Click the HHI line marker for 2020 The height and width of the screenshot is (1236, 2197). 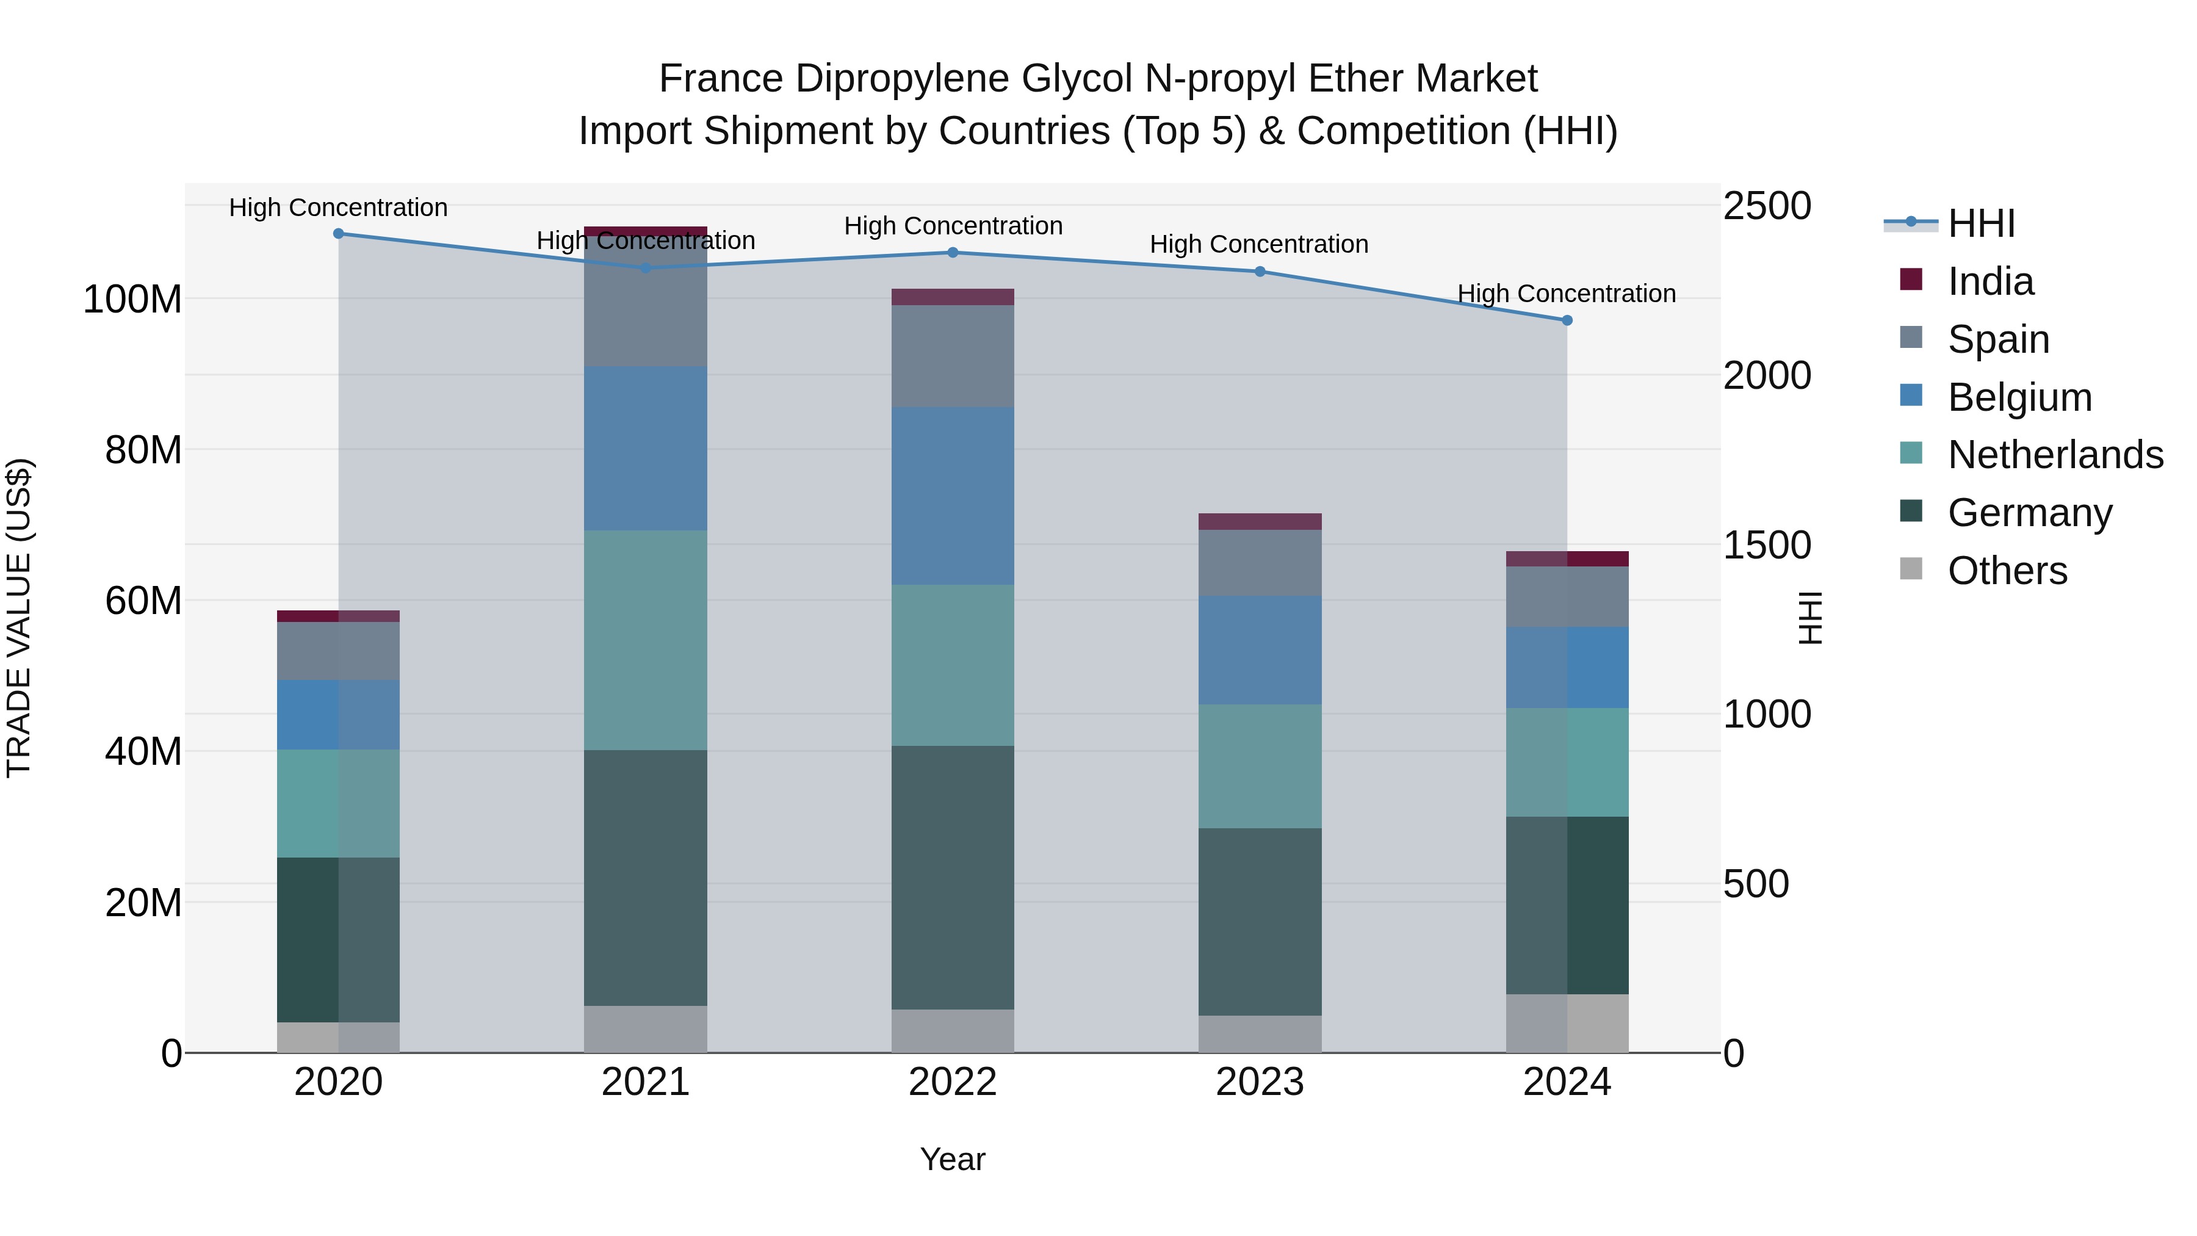click(339, 233)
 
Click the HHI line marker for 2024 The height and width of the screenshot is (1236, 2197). click(1567, 320)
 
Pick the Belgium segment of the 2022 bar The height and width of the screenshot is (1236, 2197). click(953, 495)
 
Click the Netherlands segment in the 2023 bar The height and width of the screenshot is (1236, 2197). click(1260, 765)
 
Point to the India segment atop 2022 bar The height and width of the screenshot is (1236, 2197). click(953, 297)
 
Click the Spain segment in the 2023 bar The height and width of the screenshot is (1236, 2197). click(1260, 562)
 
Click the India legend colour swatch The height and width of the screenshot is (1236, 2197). click(1911, 280)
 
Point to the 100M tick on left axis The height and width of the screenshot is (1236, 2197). click(132, 300)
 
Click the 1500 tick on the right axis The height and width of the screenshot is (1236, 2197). click(1766, 545)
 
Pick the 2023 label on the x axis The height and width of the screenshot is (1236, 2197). click(1260, 1082)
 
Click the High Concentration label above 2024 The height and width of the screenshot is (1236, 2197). click(1566, 294)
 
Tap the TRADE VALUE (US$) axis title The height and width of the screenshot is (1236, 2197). click(19, 618)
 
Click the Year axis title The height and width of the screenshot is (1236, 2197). click(953, 1159)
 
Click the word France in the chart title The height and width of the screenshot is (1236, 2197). click(721, 79)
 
